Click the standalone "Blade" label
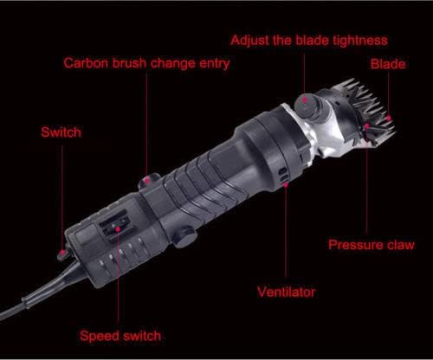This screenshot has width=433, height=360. pyautogui.click(x=388, y=64)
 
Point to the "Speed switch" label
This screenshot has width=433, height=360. pyautogui.click(x=120, y=336)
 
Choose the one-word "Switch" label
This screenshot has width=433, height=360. pyautogui.click(x=61, y=132)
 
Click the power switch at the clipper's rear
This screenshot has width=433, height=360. pyautogui.click(x=61, y=254)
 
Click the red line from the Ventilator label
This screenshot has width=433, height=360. pyautogui.click(x=285, y=234)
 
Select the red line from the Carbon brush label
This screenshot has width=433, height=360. pyautogui.click(x=147, y=121)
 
